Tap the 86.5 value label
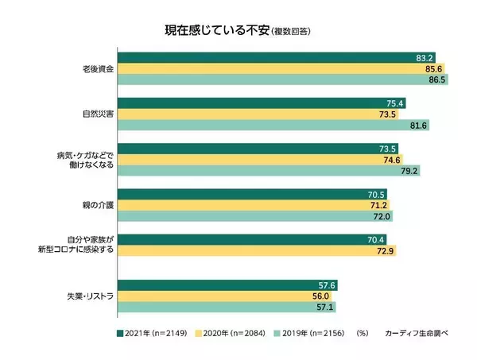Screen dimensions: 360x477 [436, 79]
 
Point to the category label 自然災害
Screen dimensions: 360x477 [96, 114]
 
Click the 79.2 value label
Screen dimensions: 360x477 [409, 170]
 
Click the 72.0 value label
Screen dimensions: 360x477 [381, 216]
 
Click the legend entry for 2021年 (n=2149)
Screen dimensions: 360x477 [153, 334]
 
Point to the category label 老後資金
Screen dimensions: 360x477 [96, 69]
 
